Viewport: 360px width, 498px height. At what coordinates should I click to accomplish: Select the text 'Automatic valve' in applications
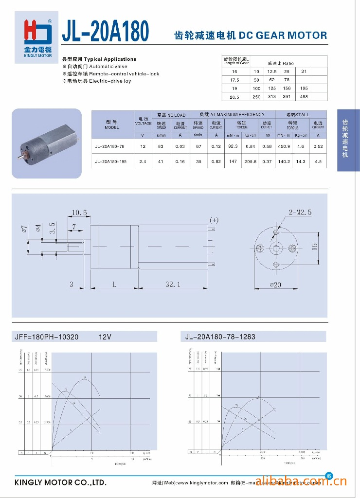[108, 67]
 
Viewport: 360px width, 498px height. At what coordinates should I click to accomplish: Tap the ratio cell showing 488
[304, 97]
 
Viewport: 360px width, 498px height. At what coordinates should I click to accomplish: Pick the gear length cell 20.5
[234, 97]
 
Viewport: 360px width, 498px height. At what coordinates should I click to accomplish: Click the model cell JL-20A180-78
[110, 146]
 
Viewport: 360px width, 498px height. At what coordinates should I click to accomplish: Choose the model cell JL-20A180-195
[111, 161]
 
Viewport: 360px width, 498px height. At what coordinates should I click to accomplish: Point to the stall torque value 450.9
[284, 146]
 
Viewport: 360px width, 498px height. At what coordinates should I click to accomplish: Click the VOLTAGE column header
[143, 121]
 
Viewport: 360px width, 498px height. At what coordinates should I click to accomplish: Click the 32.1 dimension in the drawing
[173, 285]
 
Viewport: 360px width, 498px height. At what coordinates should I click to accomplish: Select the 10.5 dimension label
[79, 213]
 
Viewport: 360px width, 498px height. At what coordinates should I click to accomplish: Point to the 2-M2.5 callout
[300, 213]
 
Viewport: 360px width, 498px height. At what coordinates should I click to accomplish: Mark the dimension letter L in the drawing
[114, 285]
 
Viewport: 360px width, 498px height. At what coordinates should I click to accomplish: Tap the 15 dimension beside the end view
[315, 247]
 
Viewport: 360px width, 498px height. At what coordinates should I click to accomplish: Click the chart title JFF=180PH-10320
[47, 337]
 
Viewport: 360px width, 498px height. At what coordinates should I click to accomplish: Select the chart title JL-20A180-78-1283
[220, 337]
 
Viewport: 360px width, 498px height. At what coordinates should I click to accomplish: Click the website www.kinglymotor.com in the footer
[202, 483]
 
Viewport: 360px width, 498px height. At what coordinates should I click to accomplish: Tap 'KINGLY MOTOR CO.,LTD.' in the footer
[60, 483]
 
